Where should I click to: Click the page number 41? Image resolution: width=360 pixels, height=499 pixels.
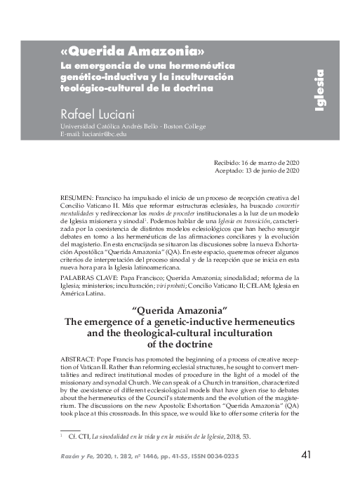coord(305,455)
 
